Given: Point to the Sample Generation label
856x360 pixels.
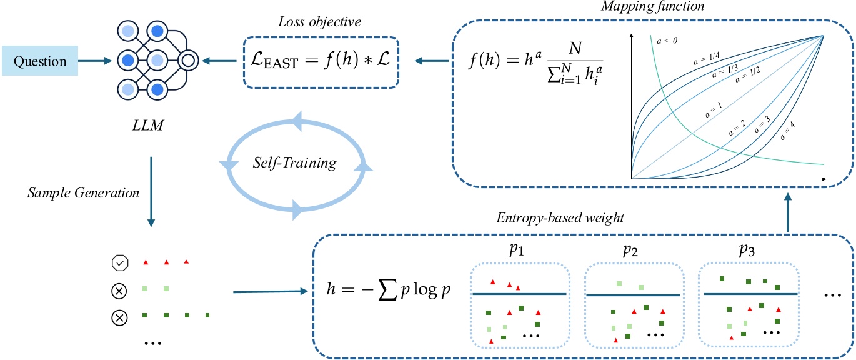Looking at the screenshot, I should tap(83, 192).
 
